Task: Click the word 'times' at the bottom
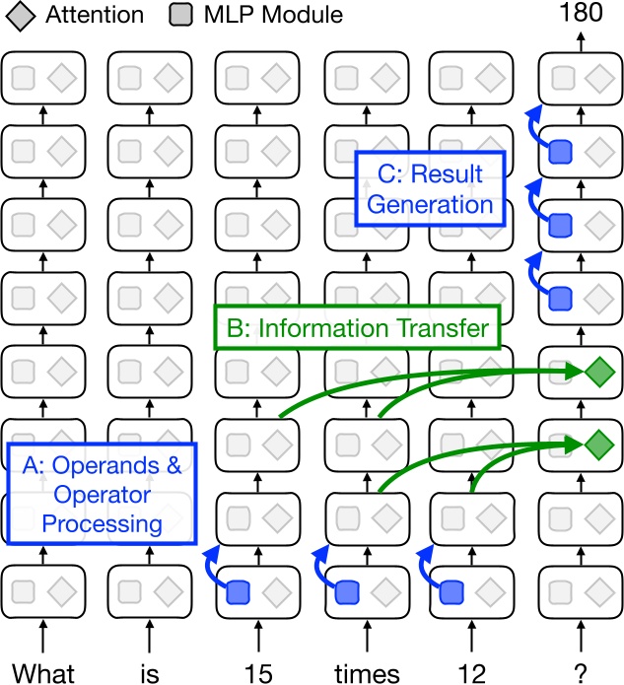[365, 673]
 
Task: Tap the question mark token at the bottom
[581, 673]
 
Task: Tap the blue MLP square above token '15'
[239, 592]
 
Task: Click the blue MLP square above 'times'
[347, 592]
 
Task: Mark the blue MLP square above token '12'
[453, 592]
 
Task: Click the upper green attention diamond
[597, 373]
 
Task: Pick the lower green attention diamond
[597, 445]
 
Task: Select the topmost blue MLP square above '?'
[561, 151]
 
